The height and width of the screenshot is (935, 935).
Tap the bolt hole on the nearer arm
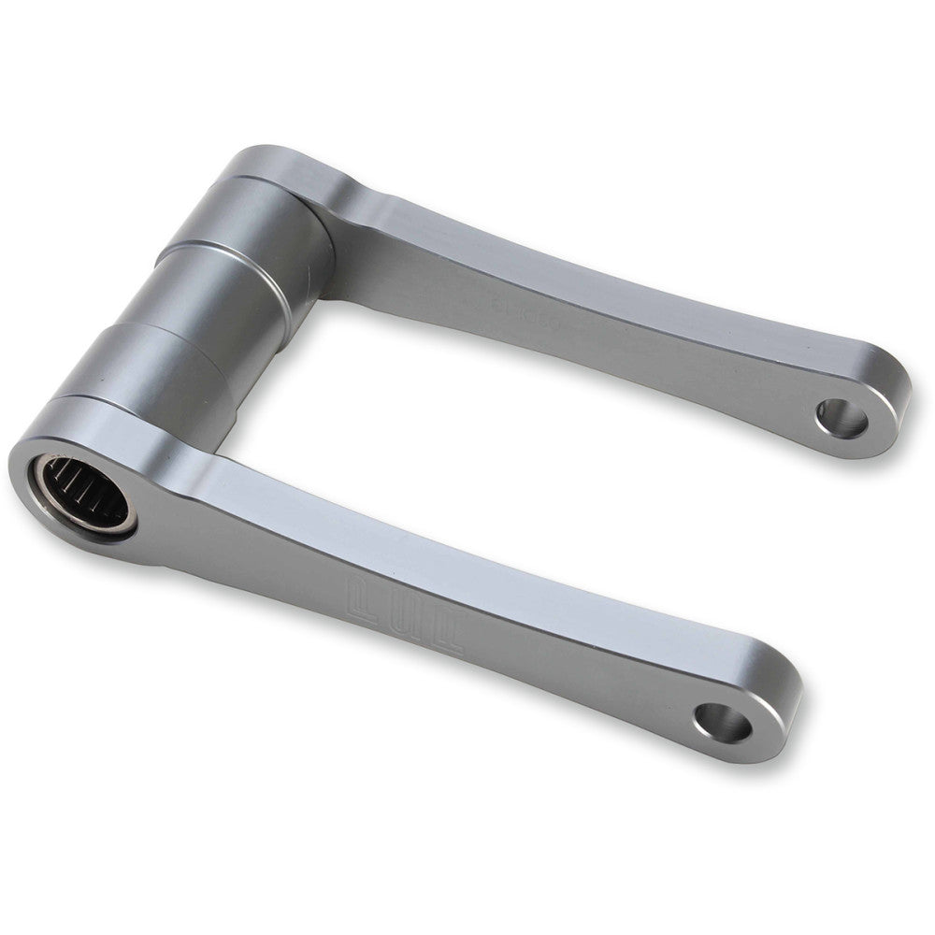[x=723, y=721]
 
